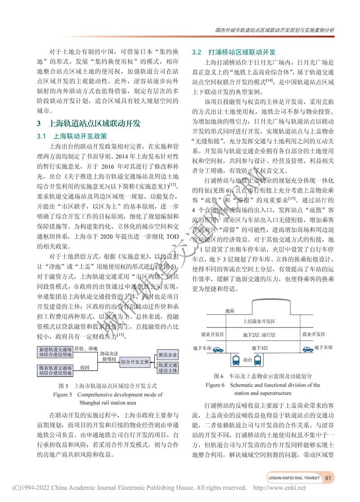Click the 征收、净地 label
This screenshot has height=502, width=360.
click(86, 349)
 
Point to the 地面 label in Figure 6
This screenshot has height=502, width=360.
click(229, 311)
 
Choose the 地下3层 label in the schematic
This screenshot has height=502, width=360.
click(260, 348)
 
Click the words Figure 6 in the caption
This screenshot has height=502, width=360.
click(215, 385)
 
